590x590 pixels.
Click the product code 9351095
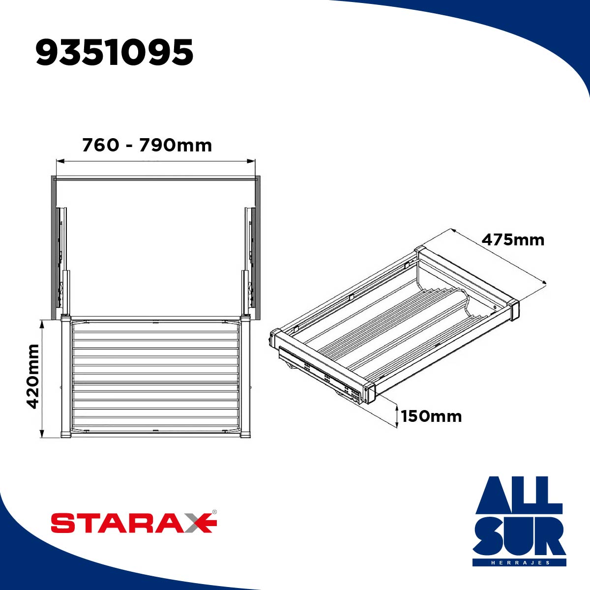(115, 52)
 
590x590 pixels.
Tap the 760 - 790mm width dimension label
(147, 145)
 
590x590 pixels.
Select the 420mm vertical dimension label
(33, 376)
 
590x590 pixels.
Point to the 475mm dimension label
(513, 240)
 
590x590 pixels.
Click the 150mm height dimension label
(431, 416)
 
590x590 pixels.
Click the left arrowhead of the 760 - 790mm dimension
(59, 161)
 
